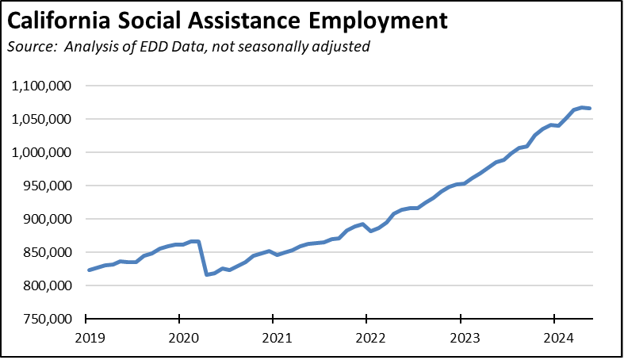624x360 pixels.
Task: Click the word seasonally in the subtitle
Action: point(268,47)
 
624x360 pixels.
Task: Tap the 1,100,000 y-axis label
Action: point(44,86)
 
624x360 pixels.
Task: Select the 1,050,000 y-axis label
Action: point(44,119)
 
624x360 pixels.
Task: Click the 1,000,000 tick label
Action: point(44,152)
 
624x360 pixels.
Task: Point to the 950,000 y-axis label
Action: point(49,186)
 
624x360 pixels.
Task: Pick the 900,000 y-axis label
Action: point(49,219)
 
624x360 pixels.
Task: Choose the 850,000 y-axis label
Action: point(49,252)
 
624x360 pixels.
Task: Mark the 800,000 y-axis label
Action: point(49,285)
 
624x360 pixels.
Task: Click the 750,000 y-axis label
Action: point(49,319)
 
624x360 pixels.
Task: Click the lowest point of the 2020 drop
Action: point(207,274)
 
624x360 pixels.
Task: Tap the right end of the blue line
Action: point(590,109)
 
